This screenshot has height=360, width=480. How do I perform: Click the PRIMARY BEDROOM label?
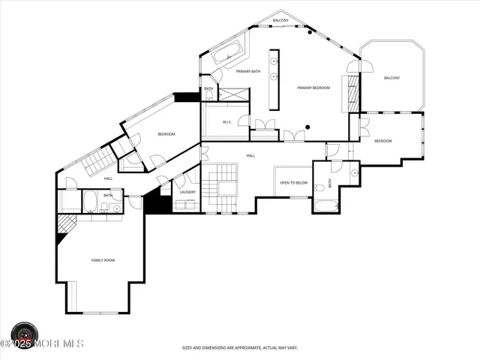(313, 88)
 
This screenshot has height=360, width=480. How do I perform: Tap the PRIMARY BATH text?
(248, 71)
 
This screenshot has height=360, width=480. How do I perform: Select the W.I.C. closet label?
(226, 122)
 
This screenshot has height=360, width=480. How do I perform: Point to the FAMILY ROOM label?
(103, 260)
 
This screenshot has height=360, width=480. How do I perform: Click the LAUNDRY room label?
(187, 192)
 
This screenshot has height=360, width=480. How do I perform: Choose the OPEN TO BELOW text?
(294, 182)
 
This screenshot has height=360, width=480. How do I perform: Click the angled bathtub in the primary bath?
(226, 53)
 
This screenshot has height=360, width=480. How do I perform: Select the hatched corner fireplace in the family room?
(65, 224)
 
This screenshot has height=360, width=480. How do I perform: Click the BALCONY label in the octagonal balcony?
(391, 78)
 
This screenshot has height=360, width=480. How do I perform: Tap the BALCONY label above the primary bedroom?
(280, 20)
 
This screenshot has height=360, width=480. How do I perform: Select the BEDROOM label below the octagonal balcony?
(382, 141)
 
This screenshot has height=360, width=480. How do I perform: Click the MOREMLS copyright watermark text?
(43, 343)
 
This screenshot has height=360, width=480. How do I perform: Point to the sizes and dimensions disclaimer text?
(239, 348)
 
